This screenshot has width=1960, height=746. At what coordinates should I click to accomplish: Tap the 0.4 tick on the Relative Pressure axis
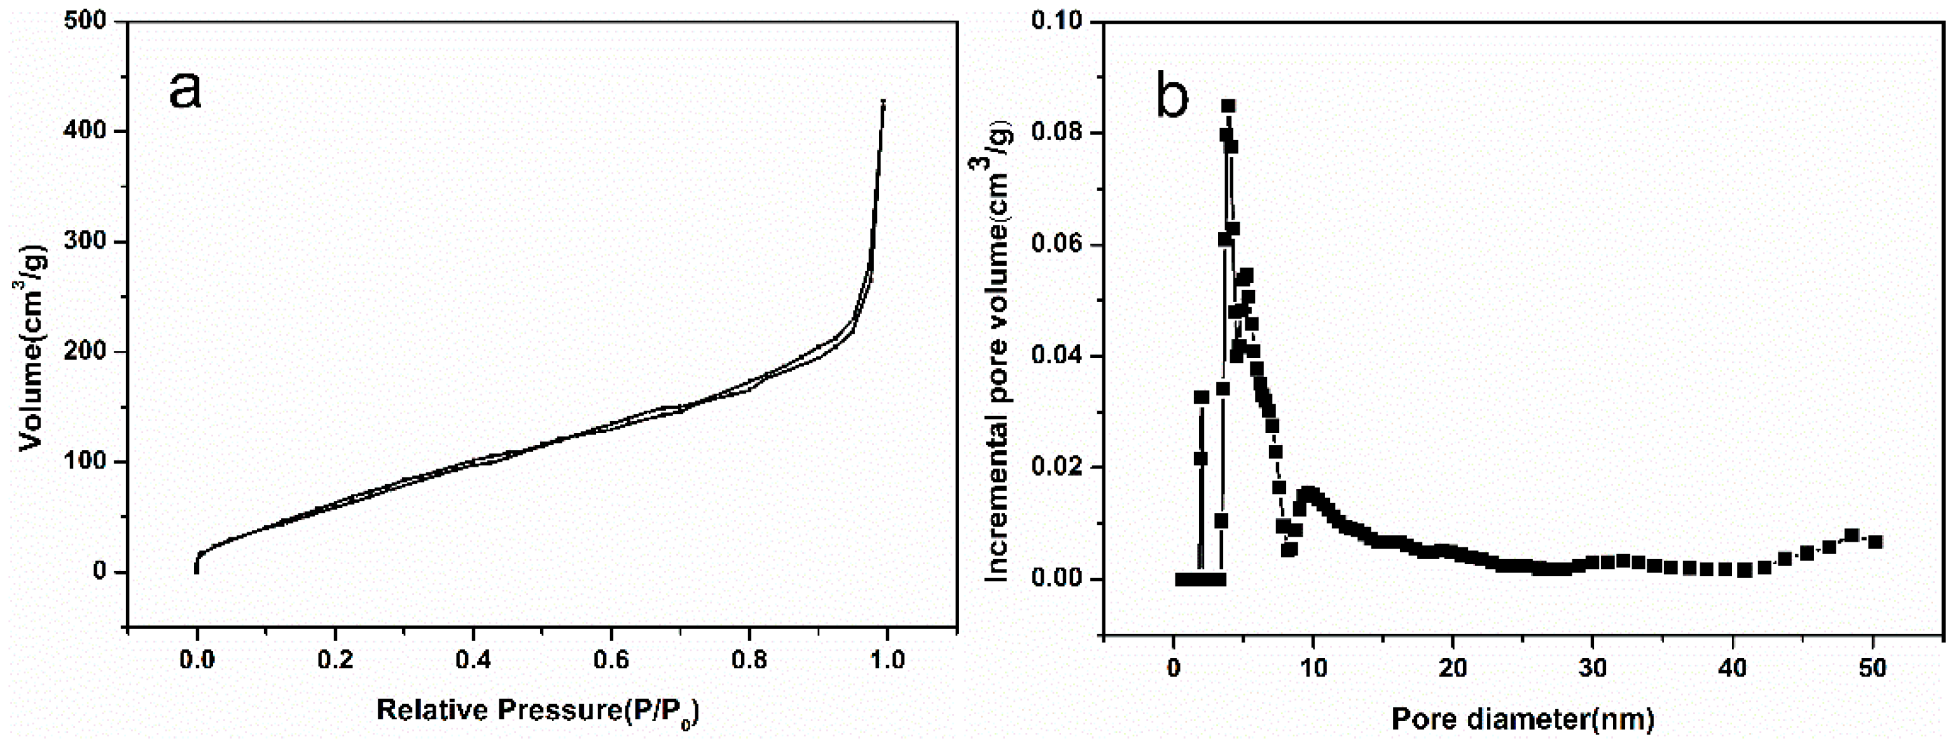tap(473, 659)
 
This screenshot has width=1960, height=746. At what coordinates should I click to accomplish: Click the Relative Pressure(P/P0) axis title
tap(538, 712)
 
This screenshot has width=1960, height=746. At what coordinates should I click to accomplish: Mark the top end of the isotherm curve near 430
tap(883, 101)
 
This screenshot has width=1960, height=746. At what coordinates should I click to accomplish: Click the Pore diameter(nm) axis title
tap(1522, 719)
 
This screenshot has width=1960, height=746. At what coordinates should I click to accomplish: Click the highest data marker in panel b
tap(1228, 106)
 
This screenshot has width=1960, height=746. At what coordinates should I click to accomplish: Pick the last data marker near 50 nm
tap(1876, 542)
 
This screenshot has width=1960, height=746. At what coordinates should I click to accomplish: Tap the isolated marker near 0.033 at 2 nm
tap(1202, 397)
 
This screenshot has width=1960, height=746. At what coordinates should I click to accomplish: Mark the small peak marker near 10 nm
tap(1307, 494)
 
